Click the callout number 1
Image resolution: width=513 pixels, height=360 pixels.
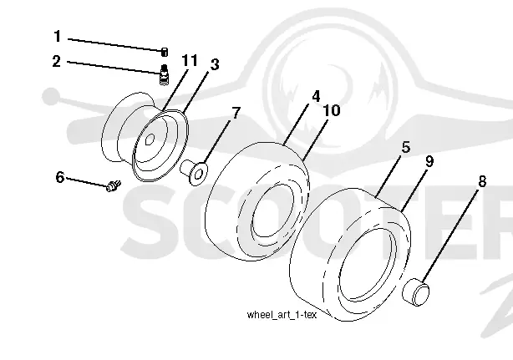tap(58, 36)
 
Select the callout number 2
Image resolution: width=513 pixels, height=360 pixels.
tap(57, 62)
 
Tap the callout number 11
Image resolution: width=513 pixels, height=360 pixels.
tap(190, 60)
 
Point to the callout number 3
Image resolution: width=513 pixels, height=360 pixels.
tap(215, 64)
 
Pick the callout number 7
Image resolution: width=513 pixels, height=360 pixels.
tap(236, 113)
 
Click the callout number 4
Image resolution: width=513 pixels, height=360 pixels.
tap(316, 96)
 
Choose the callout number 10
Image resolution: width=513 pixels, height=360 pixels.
tap(332, 110)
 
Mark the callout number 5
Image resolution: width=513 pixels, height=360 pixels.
tap(406, 147)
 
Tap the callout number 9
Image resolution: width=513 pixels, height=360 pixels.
tap(429, 161)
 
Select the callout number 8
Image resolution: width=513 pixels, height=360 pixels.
tap(482, 181)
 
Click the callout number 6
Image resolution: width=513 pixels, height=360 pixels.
tap(60, 177)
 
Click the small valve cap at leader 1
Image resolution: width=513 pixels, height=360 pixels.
tap(165, 52)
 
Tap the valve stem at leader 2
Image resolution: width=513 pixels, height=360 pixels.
tap(165, 74)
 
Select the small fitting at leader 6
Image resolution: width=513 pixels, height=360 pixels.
tap(114, 185)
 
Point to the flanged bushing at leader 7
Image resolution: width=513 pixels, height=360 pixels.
tap(195, 172)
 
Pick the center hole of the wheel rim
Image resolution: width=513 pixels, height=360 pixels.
tap(150, 139)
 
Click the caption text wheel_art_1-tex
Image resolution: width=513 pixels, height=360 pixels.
tap(282, 315)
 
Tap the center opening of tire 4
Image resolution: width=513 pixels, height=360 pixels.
tap(272, 210)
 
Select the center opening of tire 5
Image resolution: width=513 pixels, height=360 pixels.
tap(366, 264)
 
